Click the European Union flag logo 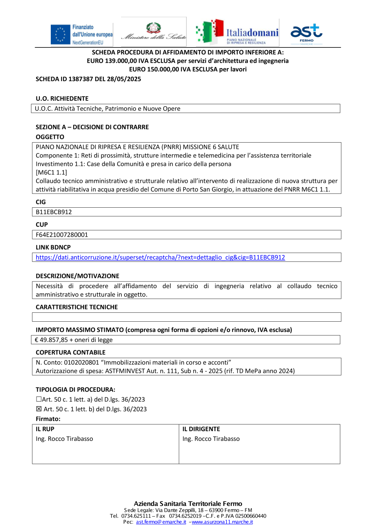[60, 35]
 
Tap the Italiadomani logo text [252, 33]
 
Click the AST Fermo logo [306, 33]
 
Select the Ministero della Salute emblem [153, 28]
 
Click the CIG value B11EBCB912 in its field [54, 212]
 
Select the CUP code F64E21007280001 [62, 235]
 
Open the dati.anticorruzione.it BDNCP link [160, 257]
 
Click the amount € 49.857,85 [52, 340]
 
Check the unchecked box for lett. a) [39, 399]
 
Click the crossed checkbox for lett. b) [39, 409]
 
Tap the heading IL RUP [45, 429]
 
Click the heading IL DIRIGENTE [201, 429]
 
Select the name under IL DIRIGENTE [211, 439]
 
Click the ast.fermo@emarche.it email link [161, 522]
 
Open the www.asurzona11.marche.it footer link [222, 522]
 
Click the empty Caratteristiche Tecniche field [186, 317]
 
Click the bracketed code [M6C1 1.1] [52, 172]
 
